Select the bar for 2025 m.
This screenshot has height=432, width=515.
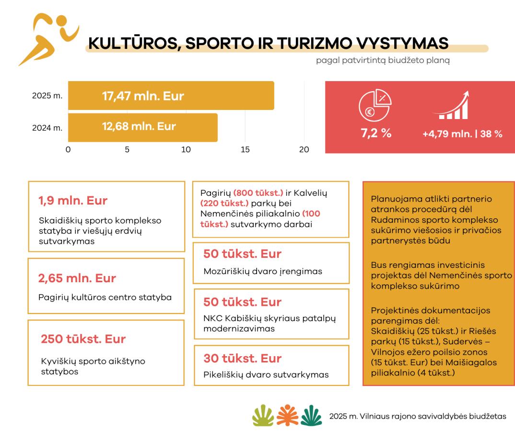coord(171,96)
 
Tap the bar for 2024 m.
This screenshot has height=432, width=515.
coord(142,127)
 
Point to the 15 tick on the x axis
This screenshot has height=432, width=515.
coord(245,149)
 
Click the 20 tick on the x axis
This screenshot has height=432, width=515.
coord(304,149)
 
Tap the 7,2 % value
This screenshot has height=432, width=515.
coord(376,133)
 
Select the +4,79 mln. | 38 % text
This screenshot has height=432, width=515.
coord(462,134)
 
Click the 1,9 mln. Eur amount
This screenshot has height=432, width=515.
coord(73,201)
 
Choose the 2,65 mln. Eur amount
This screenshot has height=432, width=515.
coord(77,278)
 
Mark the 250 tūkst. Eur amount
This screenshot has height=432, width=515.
coord(83,339)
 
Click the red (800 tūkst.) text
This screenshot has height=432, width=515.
coord(258,193)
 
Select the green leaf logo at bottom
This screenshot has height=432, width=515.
coord(262,415)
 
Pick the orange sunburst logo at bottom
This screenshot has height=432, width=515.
coord(287,415)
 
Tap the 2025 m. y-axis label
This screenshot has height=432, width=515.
coord(47,96)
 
